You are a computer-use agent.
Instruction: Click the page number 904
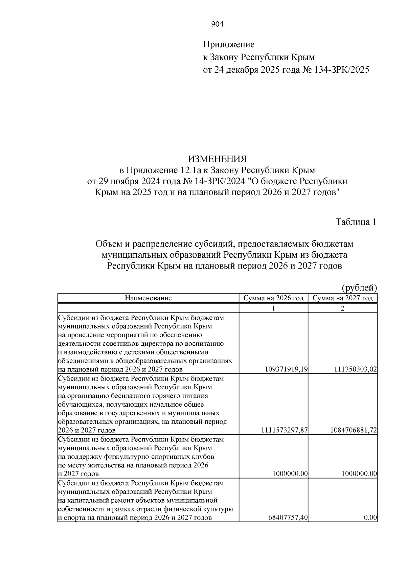pyautogui.click(x=217, y=24)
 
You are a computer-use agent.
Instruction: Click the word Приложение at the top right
pyautogui.click(x=229, y=44)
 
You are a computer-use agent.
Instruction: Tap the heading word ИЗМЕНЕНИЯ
pyautogui.click(x=217, y=159)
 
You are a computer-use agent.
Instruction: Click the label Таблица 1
pyautogui.click(x=356, y=222)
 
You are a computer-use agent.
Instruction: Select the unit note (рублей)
pyautogui.click(x=359, y=288)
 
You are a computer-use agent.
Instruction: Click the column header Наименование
pyautogui.click(x=148, y=298)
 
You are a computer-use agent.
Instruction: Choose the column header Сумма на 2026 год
pyautogui.click(x=273, y=298)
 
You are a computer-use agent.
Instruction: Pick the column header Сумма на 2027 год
pyautogui.click(x=342, y=298)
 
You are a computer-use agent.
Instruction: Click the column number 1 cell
pyautogui.click(x=273, y=308)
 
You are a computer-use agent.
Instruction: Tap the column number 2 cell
pyautogui.click(x=342, y=308)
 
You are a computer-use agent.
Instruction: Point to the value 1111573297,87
pyautogui.click(x=284, y=430)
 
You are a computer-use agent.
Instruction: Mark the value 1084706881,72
pyautogui.click(x=354, y=430)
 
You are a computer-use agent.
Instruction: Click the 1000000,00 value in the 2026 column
pyautogui.click(x=290, y=474)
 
